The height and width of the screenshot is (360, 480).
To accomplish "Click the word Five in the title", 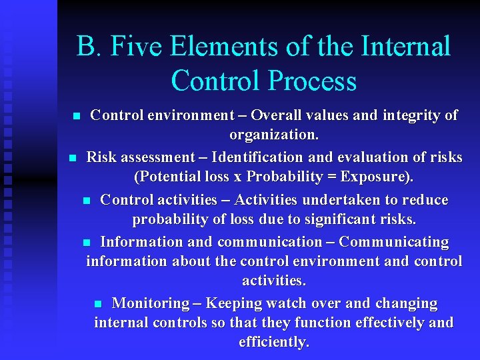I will (x=139, y=47).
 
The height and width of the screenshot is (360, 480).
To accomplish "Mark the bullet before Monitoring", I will (x=98, y=304).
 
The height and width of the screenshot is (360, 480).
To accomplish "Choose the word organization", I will (x=273, y=135).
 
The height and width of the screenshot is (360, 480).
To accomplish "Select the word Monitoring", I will (x=151, y=303).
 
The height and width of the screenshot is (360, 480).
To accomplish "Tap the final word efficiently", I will (x=273, y=343).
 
